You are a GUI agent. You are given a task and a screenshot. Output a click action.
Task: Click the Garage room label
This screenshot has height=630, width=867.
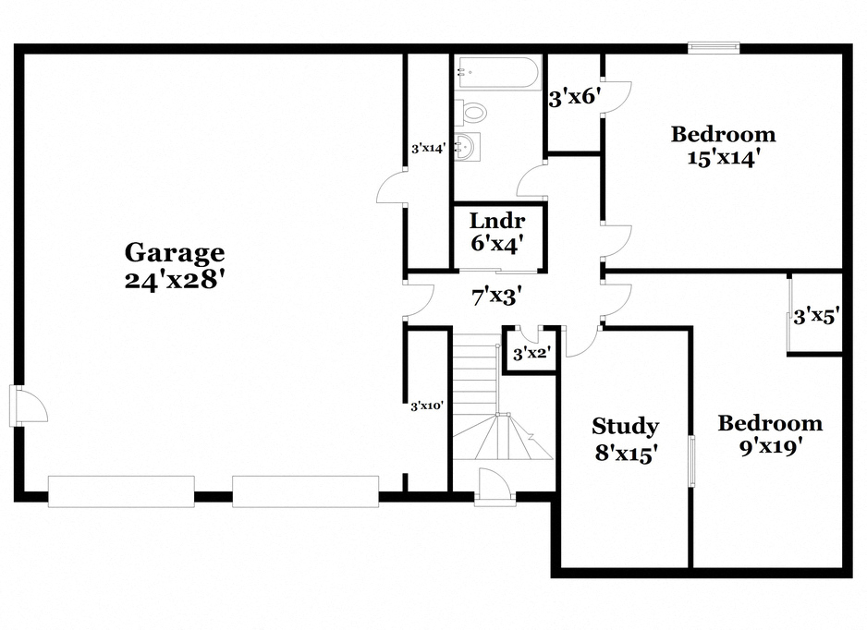[x=175, y=251]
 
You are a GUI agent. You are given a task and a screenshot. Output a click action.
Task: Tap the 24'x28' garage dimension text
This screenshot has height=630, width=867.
[x=175, y=279]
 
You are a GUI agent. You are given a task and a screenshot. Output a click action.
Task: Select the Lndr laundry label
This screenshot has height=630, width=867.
[x=497, y=221]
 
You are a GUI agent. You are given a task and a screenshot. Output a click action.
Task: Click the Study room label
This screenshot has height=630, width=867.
[x=625, y=426]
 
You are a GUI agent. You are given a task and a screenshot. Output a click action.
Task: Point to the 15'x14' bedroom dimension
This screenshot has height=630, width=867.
[x=722, y=157]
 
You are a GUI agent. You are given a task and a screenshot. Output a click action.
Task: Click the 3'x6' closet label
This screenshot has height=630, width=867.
[x=575, y=97]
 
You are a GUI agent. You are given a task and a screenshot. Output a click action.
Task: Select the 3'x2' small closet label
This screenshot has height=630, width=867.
[x=531, y=352]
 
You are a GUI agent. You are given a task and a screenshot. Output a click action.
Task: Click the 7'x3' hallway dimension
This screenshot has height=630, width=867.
[x=497, y=297]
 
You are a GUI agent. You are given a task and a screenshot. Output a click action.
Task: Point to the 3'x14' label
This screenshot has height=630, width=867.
[x=428, y=147]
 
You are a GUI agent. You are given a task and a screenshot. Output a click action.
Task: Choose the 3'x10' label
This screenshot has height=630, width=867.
[x=428, y=405]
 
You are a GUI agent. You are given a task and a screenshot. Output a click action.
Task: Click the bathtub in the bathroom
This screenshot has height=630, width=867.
[x=497, y=73]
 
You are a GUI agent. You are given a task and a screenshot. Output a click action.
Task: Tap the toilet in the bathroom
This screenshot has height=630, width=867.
[x=473, y=113]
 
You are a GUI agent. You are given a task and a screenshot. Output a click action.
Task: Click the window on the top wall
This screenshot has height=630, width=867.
[x=714, y=47]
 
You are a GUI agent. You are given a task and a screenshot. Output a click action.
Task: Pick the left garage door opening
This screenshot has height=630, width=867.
[x=121, y=491]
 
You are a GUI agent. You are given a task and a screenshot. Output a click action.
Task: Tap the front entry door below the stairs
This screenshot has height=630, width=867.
[x=495, y=487]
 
